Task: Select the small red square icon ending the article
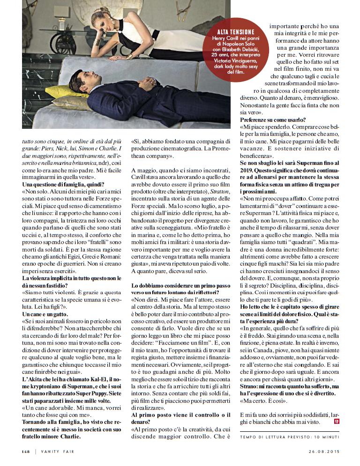pos(336,422)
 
